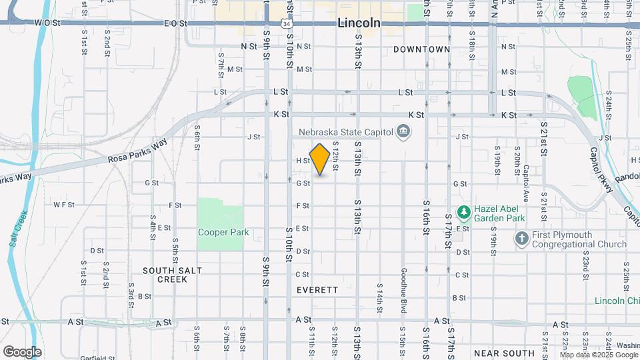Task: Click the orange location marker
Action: [x=320, y=159]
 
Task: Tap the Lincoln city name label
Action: [x=359, y=23]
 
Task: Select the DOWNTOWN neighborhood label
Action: [x=421, y=49]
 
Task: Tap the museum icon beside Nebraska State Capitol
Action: [x=403, y=131]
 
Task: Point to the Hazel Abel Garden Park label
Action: [x=499, y=213]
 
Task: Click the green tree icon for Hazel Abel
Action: [x=463, y=213]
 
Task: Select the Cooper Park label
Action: [x=223, y=232]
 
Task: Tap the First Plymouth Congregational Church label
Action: [x=579, y=240]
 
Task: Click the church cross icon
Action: [x=522, y=237]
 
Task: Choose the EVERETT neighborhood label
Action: [x=318, y=290]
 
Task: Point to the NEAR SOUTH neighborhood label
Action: [x=504, y=353]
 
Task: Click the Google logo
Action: [x=22, y=351]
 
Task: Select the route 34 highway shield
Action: [x=286, y=23]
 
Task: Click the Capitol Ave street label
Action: [x=526, y=177]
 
